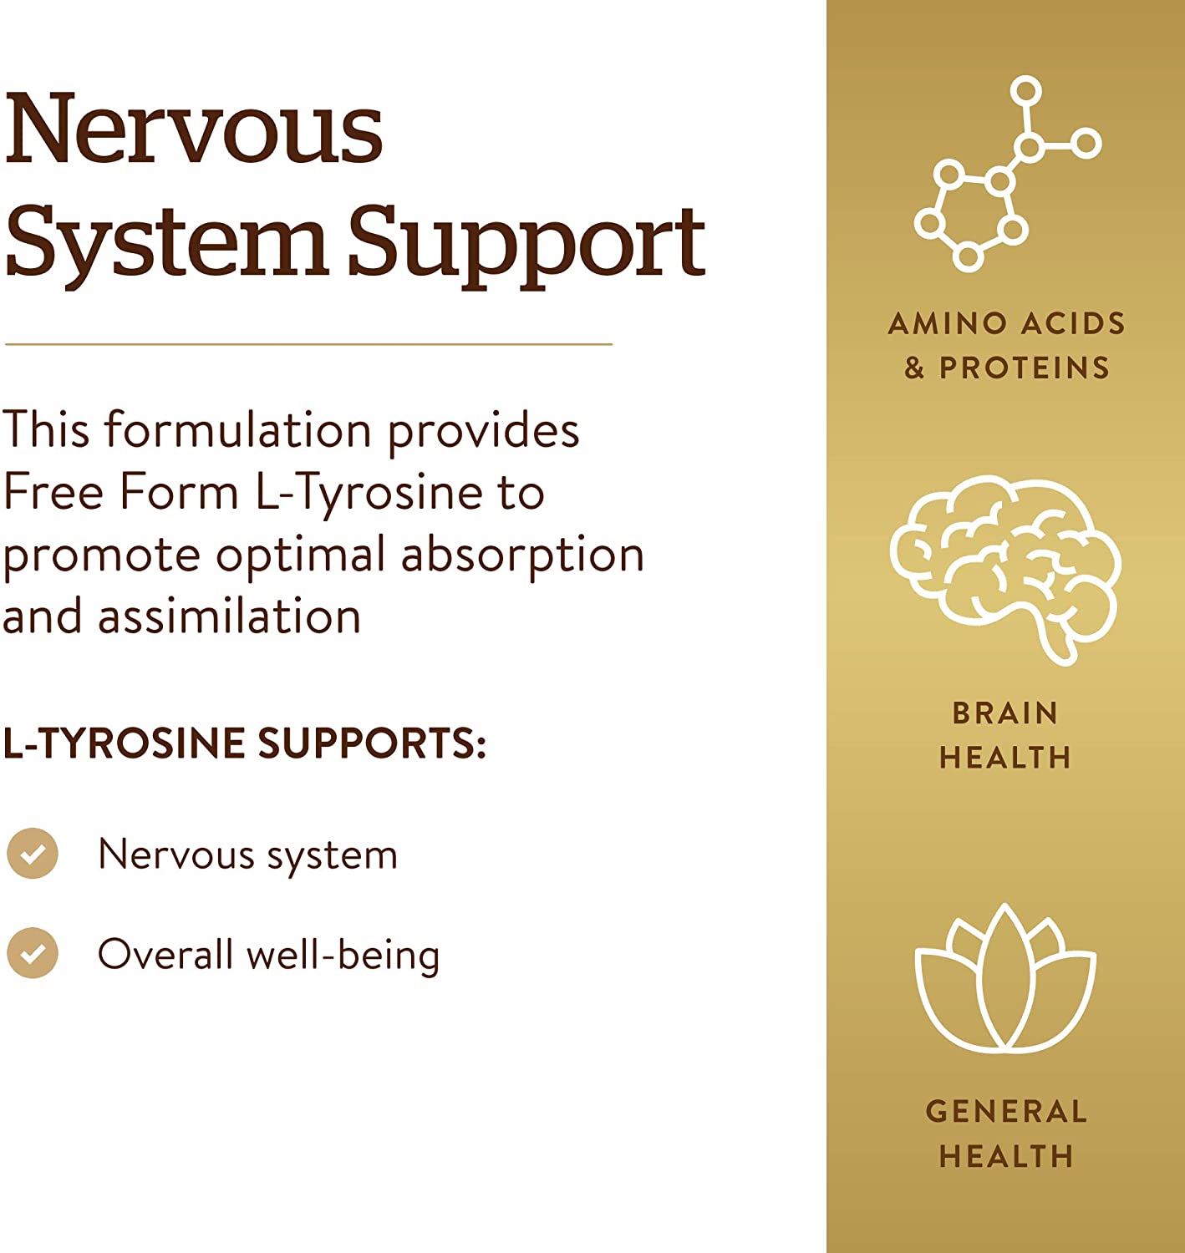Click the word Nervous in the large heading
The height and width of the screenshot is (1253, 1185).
[193, 128]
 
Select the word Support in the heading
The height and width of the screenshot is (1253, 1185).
[526, 246]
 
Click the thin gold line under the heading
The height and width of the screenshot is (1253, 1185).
[308, 344]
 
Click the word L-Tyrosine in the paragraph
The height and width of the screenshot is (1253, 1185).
[369, 494]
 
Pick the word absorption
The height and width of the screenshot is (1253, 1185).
[522, 555]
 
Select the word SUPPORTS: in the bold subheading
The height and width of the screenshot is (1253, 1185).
[373, 743]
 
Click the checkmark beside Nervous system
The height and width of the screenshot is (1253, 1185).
[33, 854]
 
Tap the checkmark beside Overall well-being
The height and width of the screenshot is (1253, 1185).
[33, 953]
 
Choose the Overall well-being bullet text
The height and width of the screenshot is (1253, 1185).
[268, 955]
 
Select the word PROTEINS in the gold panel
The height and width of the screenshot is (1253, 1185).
[1025, 368]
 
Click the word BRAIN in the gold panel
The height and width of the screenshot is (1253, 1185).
[1005, 713]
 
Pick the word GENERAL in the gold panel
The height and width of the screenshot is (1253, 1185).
[1006, 1112]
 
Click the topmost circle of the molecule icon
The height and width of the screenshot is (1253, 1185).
[1025, 91]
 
